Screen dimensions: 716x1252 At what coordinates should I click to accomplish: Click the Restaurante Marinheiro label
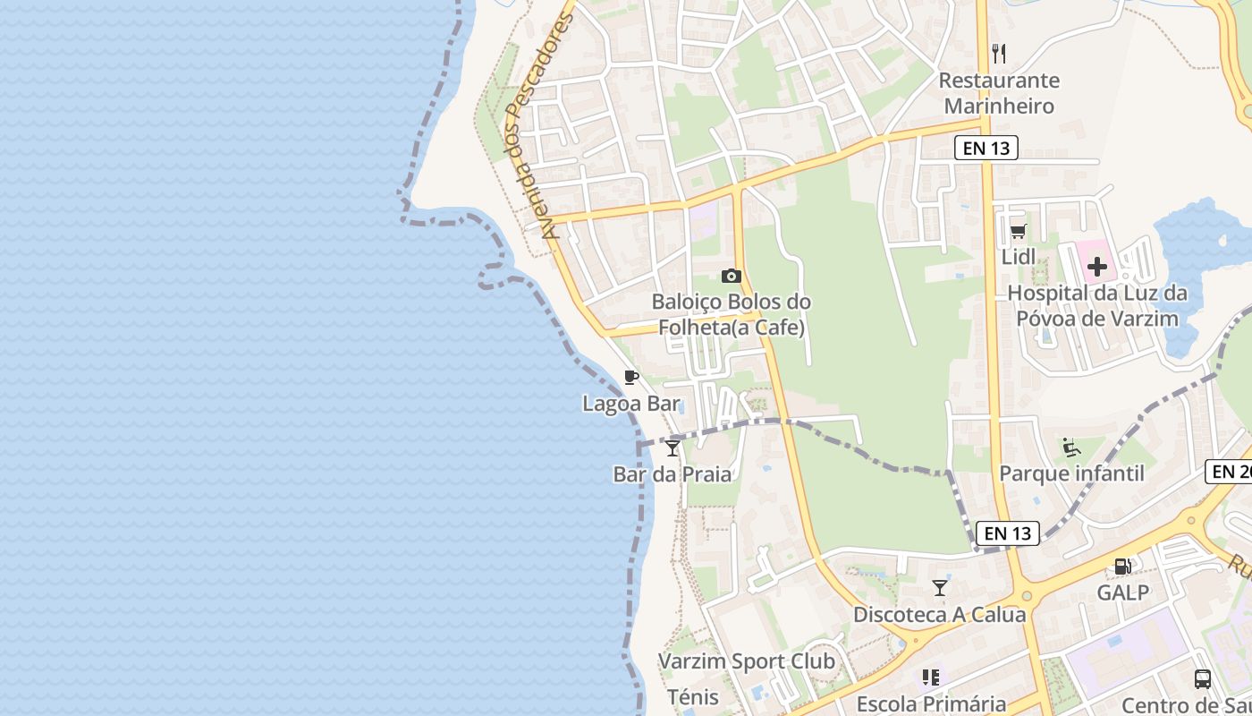[999, 93]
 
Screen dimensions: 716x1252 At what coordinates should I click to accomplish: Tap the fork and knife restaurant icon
[999, 54]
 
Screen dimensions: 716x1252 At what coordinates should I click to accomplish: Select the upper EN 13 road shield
[986, 148]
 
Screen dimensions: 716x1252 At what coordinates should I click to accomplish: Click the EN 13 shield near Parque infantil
[1008, 533]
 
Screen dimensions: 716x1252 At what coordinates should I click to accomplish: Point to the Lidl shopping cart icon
[1018, 232]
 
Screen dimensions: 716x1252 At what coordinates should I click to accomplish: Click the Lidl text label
[1018, 257]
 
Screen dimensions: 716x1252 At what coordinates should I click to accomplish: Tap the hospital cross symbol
[1096, 266]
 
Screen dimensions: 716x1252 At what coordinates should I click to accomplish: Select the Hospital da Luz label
[1097, 305]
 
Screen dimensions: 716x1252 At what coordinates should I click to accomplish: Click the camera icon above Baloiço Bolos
[732, 276]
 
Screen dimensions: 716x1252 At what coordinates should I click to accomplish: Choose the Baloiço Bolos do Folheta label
[732, 314]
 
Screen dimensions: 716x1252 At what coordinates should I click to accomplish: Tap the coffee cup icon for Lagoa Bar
[630, 377]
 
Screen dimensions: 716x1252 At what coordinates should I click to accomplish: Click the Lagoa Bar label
[631, 404]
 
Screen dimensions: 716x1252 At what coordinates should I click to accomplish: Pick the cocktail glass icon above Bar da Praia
[673, 447]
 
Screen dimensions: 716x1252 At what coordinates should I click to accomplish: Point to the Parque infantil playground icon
[1070, 446]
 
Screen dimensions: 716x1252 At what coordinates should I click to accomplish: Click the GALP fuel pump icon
[1122, 566]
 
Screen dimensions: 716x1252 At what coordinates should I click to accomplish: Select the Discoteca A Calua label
[939, 615]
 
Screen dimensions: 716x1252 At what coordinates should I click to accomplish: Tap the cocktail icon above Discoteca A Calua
[939, 588]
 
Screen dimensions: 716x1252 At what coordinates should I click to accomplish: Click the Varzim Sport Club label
[746, 661]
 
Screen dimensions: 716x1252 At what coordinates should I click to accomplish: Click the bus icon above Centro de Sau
[1203, 678]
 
